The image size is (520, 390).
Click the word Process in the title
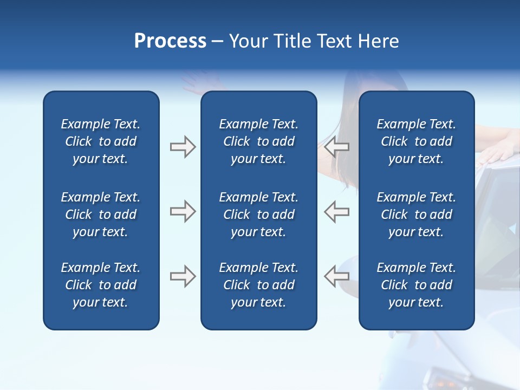[170, 41]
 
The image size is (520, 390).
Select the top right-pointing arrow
[183, 147]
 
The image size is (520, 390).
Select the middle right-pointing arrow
[183, 211]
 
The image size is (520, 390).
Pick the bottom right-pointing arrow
[183, 276]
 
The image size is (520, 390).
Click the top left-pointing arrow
[337, 146]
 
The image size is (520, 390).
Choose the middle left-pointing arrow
[337, 211]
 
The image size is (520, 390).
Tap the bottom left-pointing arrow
[337, 276]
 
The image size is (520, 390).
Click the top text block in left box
[101, 141]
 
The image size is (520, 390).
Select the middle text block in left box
[101, 214]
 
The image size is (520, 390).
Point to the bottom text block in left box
[101, 285]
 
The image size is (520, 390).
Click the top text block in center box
[258, 141]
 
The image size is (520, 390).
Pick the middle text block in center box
[258, 214]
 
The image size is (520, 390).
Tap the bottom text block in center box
[258, 285]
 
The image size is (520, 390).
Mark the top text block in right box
[416, 141]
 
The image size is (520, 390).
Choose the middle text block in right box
[416, 214]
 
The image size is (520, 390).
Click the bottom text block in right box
[416, 285]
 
